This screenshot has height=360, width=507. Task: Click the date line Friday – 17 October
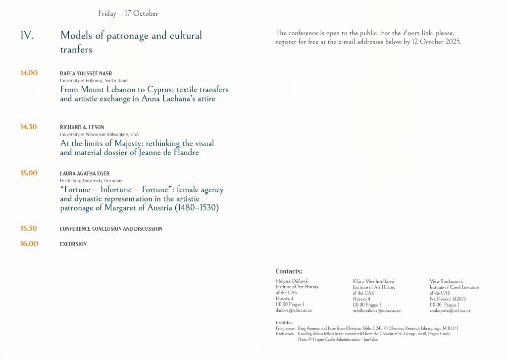(x=128, y=13)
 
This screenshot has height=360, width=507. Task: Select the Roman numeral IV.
(x=27, y=36)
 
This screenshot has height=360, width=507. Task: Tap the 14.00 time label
(x=29, y=73)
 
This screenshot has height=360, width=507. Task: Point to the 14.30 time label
(x=28, y=127)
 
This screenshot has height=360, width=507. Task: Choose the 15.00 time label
(x=29, y=173)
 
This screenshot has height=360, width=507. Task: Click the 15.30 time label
(x=28, y=229)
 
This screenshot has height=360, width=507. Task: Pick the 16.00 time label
(x=29, y=244)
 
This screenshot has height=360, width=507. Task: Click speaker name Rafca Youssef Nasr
(x=86, y=74)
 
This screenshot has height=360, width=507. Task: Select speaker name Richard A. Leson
(x=82, y=127)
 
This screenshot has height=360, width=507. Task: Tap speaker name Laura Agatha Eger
(x=85, y=174)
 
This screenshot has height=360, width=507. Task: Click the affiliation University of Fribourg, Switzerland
(x=94, y=81)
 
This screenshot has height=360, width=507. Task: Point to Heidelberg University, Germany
(x=91, y=181)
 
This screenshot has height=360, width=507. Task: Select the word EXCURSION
(x=73, y=244)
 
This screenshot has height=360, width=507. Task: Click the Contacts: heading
(x=289, y=271)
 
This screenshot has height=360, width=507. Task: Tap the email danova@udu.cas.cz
(x=294, y=310)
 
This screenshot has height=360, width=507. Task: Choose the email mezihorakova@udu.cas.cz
(x=376, y=310)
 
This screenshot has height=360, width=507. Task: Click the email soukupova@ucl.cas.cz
(x=450, y=310)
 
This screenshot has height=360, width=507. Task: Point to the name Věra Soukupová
(x=446, y=281)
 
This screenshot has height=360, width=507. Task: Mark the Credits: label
(x=284, y=323)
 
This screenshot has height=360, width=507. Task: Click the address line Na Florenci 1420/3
(x=448, y=299)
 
